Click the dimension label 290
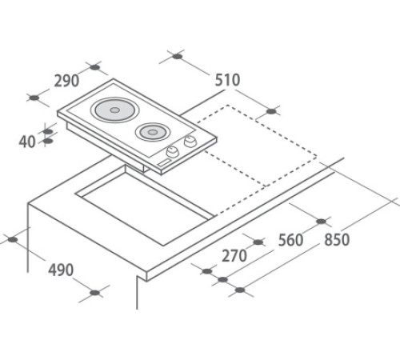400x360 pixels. [x=66, y=81]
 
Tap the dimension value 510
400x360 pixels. [x=227, y=80]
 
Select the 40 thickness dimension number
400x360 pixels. [x=27, y=142]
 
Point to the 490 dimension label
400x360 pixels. [x=61, y=270]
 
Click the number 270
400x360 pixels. [x=234, y=256]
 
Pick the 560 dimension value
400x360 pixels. [x=290, y=240]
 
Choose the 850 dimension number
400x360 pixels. [x=337, y=239]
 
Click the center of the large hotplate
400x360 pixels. [x=114, y=110]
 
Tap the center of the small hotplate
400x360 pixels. [x=152, y=132]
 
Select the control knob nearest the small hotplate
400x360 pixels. [x=190, y=141]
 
